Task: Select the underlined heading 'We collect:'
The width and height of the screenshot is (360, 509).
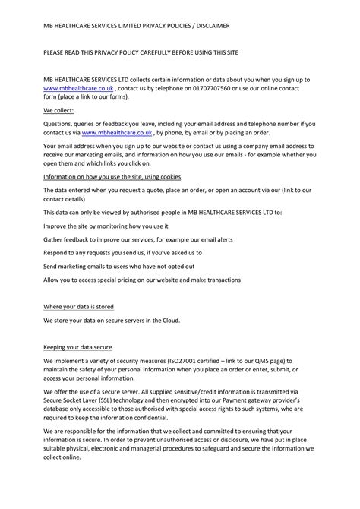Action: pos(58,109)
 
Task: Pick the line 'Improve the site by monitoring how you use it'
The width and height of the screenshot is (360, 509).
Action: pos(106,226)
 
